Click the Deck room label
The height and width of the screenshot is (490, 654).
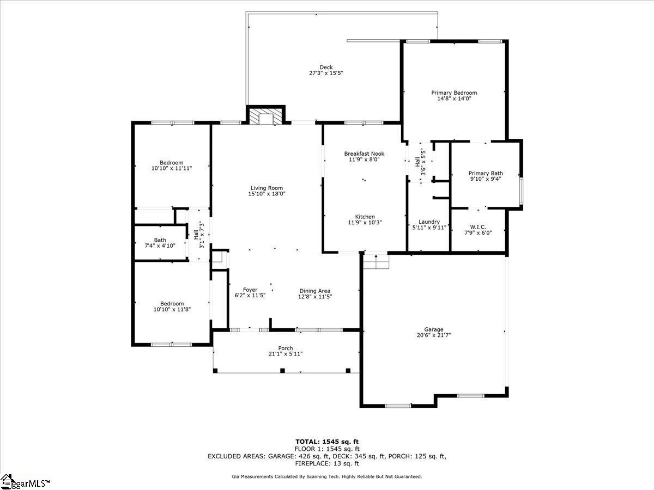tap(326, 68)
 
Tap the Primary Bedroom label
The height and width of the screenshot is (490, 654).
tap(454, 93)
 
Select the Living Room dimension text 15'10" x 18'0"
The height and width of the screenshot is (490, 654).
tap(267, 194)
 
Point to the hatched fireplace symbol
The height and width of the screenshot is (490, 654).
tap(265, 117)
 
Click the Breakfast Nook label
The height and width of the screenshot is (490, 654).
tap(364, 154)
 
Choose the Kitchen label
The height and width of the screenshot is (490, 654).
tap(365, 217)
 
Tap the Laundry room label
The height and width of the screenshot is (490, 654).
tap(429, 222)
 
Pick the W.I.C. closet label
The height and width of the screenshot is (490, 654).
tap(478, 227)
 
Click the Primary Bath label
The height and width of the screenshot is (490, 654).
tap(486, 174)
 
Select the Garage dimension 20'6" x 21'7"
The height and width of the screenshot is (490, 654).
tap(433, 335)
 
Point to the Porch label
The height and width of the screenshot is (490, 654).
tap(286, 348)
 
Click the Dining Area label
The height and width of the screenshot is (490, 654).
tap(315, 291)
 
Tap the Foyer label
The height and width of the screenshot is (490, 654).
tap(250, 290)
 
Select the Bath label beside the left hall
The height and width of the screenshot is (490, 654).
tap(160, 240)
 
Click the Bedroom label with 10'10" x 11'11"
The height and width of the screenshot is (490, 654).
tap(171, 163)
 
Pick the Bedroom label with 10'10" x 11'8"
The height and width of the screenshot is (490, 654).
tap(172, 304)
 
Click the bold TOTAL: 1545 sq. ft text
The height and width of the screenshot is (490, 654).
tap(327, 442)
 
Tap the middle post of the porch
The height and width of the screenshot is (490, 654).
tap(282, 370)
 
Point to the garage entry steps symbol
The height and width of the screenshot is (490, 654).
tap(376, 261)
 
